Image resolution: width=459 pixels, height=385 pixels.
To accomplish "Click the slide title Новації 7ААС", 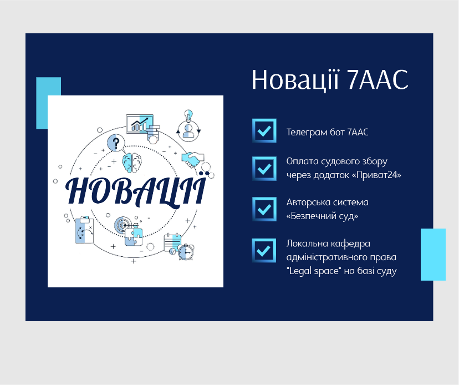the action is (330, 80).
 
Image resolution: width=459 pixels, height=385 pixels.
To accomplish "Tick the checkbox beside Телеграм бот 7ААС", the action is (264, 131).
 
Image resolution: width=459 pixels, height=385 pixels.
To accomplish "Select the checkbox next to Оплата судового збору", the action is (264, 169).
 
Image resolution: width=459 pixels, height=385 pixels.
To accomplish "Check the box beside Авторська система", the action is (264, 209).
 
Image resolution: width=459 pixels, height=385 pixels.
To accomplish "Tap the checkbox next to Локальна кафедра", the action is (264, 251).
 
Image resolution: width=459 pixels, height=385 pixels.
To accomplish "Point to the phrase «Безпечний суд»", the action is (322, 216).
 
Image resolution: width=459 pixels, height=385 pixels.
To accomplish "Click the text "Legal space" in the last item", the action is (314, 271).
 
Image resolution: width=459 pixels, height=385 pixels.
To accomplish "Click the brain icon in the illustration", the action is (132, 163).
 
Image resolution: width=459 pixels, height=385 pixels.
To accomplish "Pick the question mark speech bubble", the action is (116, 143).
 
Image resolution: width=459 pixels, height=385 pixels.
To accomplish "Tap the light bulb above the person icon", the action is (189, 115).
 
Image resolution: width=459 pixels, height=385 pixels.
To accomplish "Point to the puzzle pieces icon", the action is (134, 237).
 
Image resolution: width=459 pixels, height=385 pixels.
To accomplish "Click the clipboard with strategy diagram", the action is (85, 230).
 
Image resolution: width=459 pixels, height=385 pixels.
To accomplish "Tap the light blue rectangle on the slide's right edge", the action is (433, 255).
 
